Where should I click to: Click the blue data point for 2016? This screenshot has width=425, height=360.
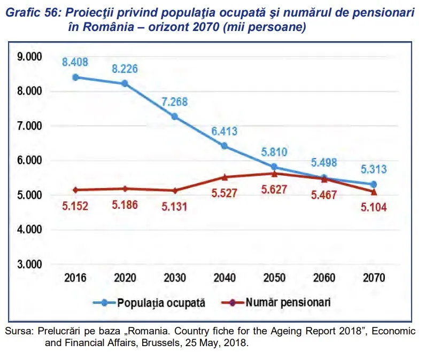click(x=75, y=77)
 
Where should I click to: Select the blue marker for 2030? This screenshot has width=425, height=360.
click(x=175, y=116)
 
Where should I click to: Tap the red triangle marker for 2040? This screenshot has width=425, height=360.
click(x=225, y=177)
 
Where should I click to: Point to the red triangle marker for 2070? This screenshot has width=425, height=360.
click(x=374, y=191)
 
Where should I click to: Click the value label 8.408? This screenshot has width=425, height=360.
click(x=75, y=62)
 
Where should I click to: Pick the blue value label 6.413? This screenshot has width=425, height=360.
click(x=225, y=131)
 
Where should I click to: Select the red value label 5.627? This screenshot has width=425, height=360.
click(x=274, y=189)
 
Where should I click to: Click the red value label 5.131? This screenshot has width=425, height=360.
click(x=174, y=206)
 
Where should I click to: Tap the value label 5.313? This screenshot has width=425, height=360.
click(x=374, y=170)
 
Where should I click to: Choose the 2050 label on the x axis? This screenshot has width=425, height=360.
click(x=274, y=278)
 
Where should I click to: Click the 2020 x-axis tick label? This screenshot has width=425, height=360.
click(x=125, y=278)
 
